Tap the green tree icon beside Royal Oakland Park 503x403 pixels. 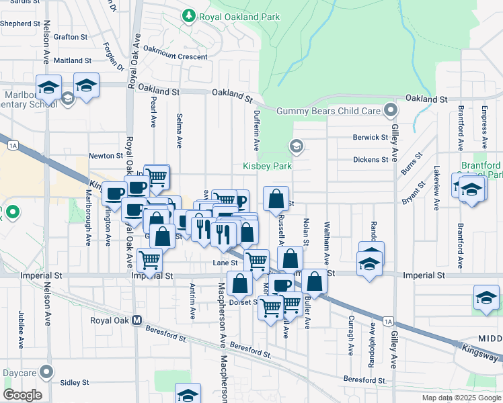tap(190, 15)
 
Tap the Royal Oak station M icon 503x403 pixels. tap(137, 320)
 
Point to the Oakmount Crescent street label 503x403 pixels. tap(176, 57)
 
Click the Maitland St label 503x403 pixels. tap(72, 60)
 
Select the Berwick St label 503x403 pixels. tap(371, 138)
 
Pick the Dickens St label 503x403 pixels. tap(371, 160)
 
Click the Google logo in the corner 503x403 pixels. tap(23, 395)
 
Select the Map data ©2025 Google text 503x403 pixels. tap(461, 398)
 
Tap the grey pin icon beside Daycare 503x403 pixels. tap(46, 371)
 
